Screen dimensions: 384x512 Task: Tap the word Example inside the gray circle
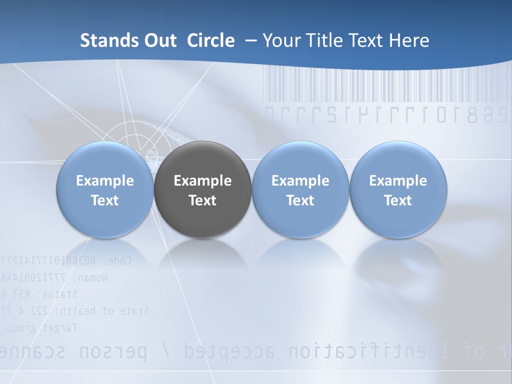pyautogui.click(x=203, y=181)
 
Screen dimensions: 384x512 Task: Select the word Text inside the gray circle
pyautogui.click(x=203, y=201)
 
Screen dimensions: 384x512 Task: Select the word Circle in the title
pyautogui.click(x=210, y=41)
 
